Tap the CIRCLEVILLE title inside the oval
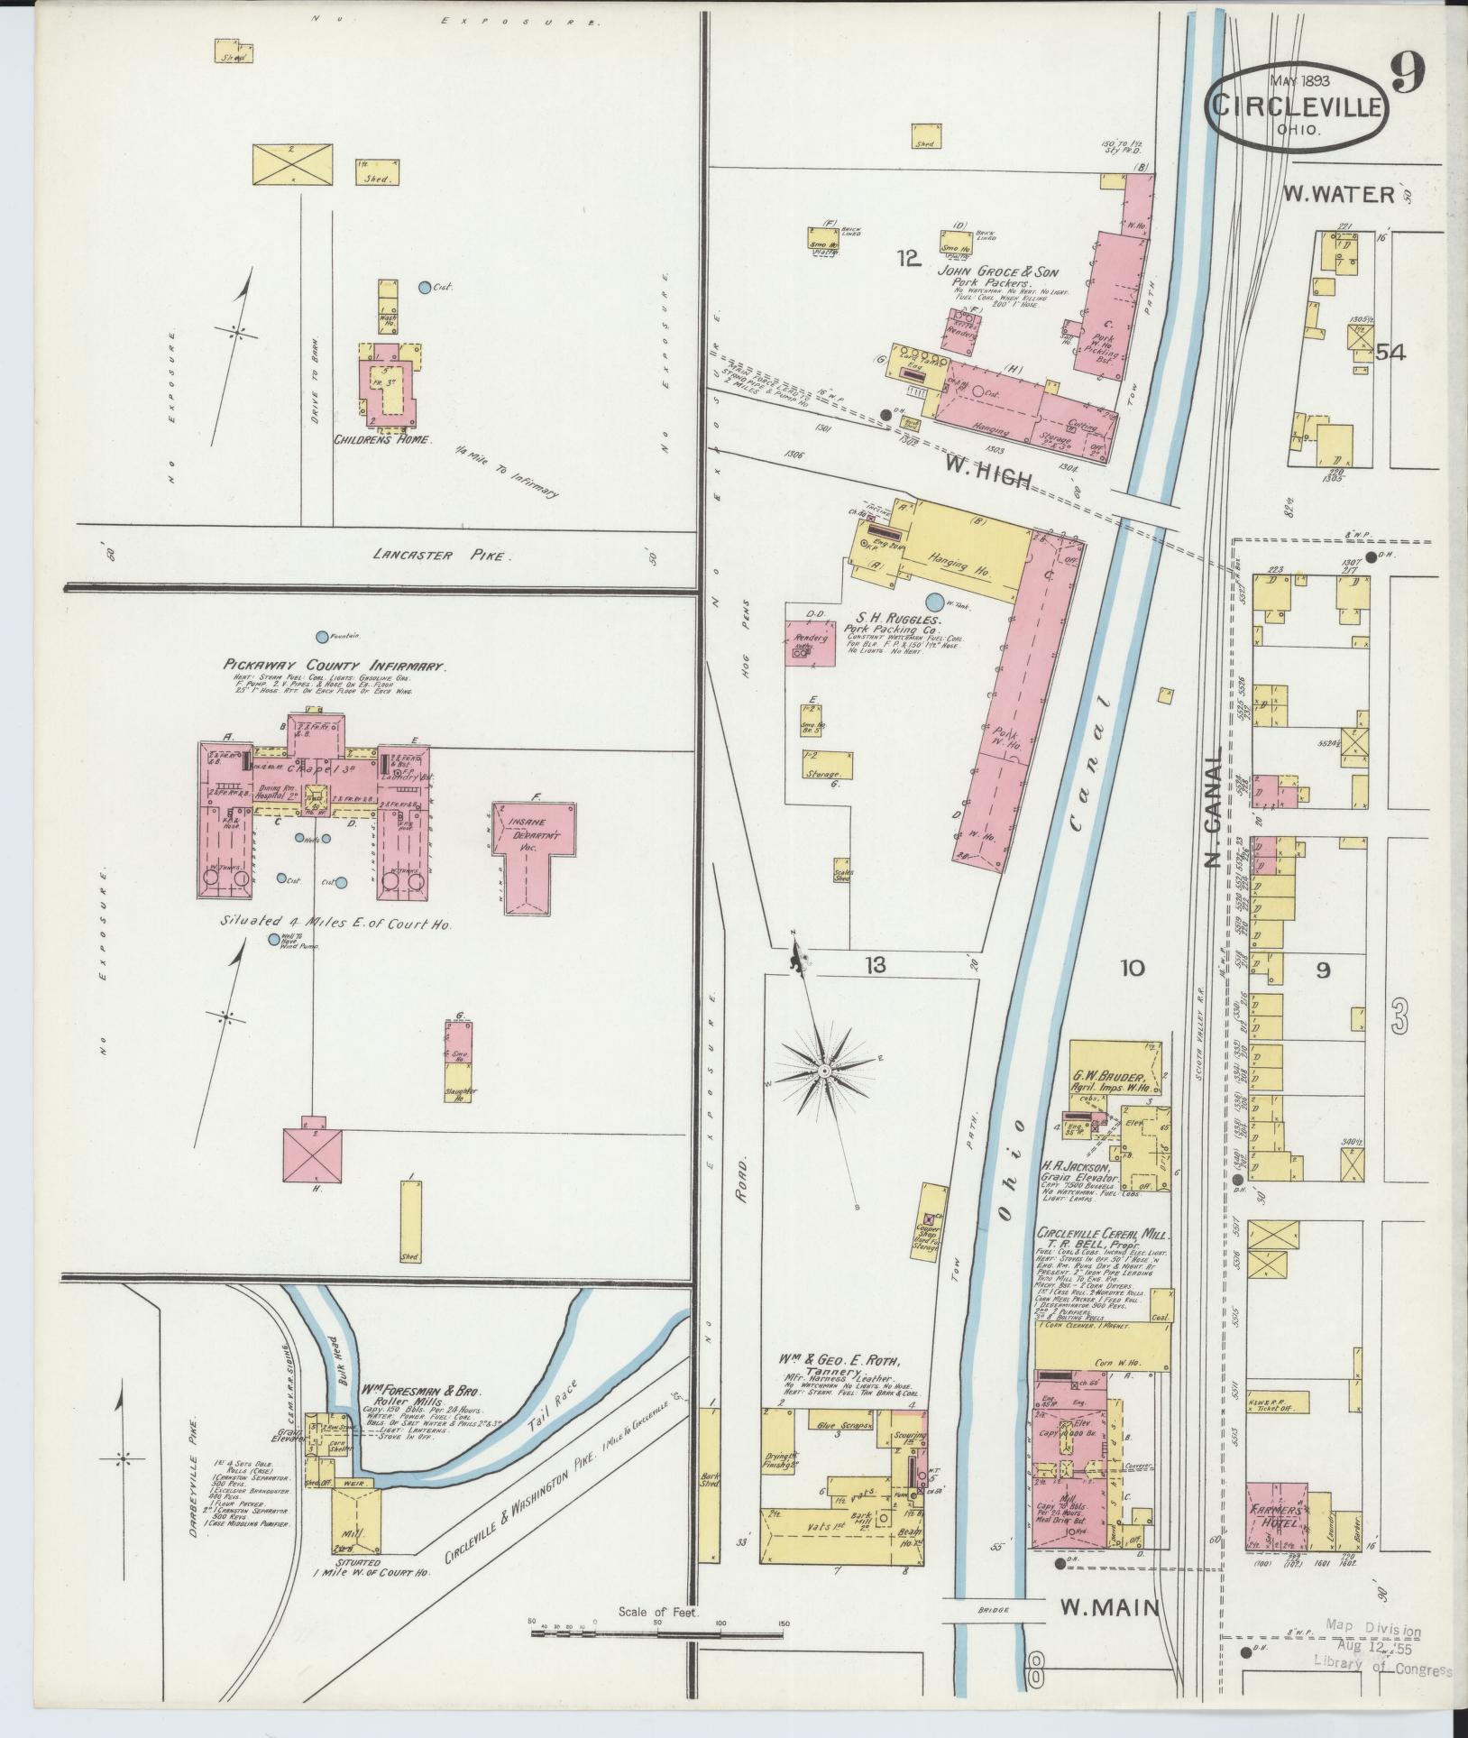point(1298,106)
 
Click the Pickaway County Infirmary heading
point(335,666)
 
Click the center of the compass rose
point(823,1070)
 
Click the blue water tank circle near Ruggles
point(935,601)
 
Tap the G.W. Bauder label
point(1107,1077)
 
